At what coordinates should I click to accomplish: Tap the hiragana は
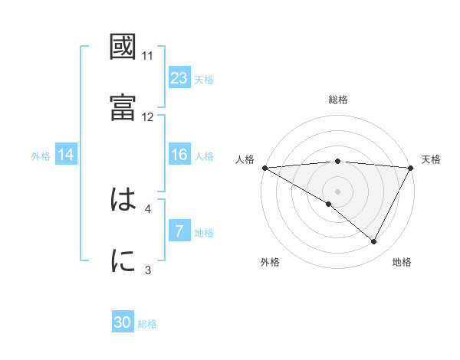point(123,201)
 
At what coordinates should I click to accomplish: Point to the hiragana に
point(123,261)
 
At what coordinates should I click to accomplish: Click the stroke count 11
point(148,56)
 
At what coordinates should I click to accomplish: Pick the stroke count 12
point(148,116)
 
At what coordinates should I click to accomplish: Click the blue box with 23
point(179,77)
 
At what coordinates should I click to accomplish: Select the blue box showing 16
point(179,155)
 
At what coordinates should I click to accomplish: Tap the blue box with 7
point(179,231)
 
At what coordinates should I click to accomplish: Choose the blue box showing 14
point(66,155)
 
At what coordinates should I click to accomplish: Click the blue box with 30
point(123,323)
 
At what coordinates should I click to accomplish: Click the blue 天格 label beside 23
point(204,79)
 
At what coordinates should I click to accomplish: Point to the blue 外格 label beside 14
point(41,155)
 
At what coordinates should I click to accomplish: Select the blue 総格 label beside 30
point(147,324)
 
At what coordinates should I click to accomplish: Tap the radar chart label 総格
point(338,100)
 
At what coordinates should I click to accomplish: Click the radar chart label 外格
point(270,262)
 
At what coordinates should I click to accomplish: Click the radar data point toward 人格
point(264,168)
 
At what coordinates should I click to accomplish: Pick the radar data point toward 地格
point(374,242)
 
